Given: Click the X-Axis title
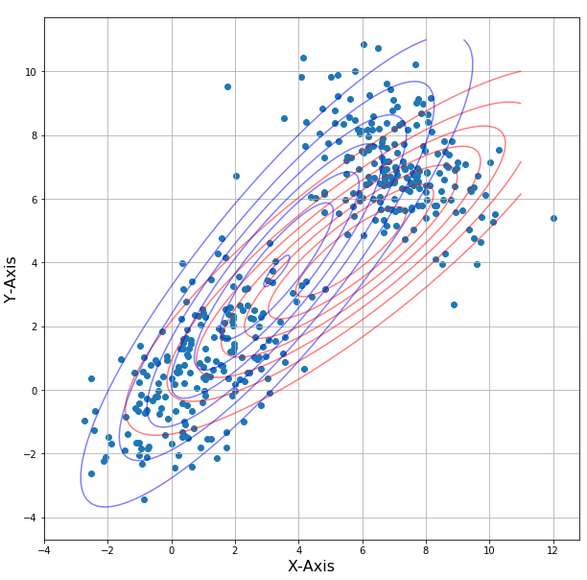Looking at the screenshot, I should click(312, 567).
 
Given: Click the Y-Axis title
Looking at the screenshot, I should click(11, 279).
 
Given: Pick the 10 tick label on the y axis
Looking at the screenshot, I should click(31, 72).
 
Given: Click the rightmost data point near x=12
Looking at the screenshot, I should click(553, 218).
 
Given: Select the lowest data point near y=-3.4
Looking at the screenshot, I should click(144, 499).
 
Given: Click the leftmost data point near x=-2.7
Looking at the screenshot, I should click(84, 421).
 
